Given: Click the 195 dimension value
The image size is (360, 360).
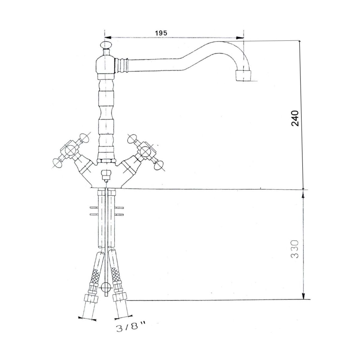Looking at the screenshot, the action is pos(161,33).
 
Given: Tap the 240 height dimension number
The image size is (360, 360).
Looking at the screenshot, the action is pos(295,118).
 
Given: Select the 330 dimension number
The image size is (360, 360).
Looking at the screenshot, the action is pos(295,249).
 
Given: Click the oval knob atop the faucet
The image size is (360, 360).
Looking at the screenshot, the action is pos(106,45).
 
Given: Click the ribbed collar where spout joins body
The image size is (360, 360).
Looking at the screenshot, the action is pos(121,65).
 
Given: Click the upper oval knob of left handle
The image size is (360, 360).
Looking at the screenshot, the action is pos(84,139).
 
